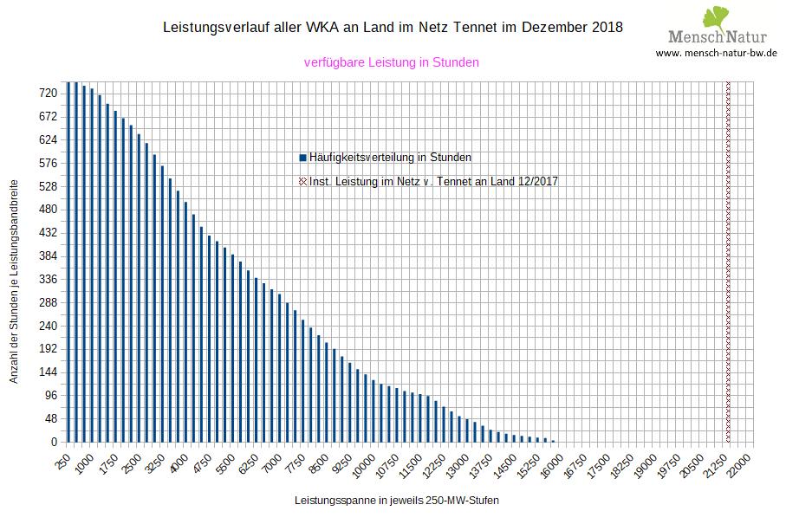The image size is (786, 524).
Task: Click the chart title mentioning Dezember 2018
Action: (393, 27)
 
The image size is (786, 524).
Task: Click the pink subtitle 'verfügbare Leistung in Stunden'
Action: (392, 62)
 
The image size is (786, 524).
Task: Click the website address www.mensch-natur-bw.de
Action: (716, 53)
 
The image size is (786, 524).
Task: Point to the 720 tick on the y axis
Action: (48, 93)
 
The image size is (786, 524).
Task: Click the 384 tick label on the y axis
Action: (48, 256)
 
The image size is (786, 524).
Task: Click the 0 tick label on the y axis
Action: (54, 443)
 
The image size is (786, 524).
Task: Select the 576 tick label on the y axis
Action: (48, 163)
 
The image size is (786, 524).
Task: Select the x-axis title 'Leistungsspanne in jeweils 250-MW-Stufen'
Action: (397, 501)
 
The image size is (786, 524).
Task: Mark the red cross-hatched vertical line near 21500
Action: (728, 260)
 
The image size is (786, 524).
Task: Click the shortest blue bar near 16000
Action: (553, 440)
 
